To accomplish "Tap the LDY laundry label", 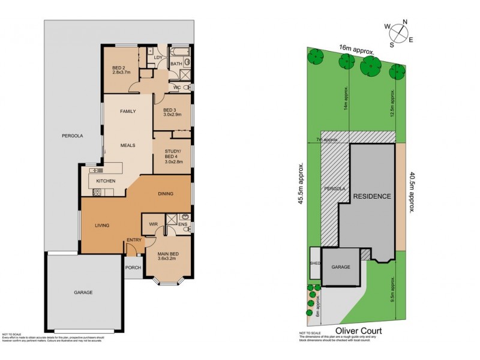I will pyautogui.click(x=158, y=58).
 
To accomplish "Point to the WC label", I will pyautogui.click(x=177, y=88).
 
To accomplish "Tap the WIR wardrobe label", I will pyautogui.click(x=154, y=224).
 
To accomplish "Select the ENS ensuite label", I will pyautogui.click(x=182, y=225).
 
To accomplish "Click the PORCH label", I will pyautogui.click(x=132, y=268).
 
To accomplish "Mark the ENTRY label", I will pyautogui.click(x=133, y=241).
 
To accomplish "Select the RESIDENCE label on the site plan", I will pyautogui.click(x=371, y=196).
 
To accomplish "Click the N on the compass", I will pyautogui.click(x=405, y=22).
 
